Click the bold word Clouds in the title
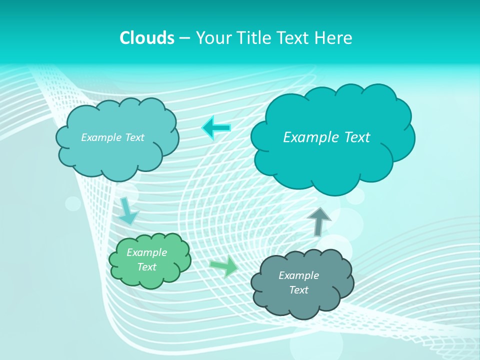[147, 38]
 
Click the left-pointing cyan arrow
[216, 128]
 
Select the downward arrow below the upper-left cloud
[128, 211]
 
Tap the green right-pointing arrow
[224, 266]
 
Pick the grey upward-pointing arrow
[319, 220]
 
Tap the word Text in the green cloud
[147, 267]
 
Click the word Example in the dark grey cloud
[298, 275]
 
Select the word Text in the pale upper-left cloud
[133, 137]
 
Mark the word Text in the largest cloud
[355, 137]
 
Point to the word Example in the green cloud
[146, 252]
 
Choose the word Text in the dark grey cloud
[298, 290]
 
